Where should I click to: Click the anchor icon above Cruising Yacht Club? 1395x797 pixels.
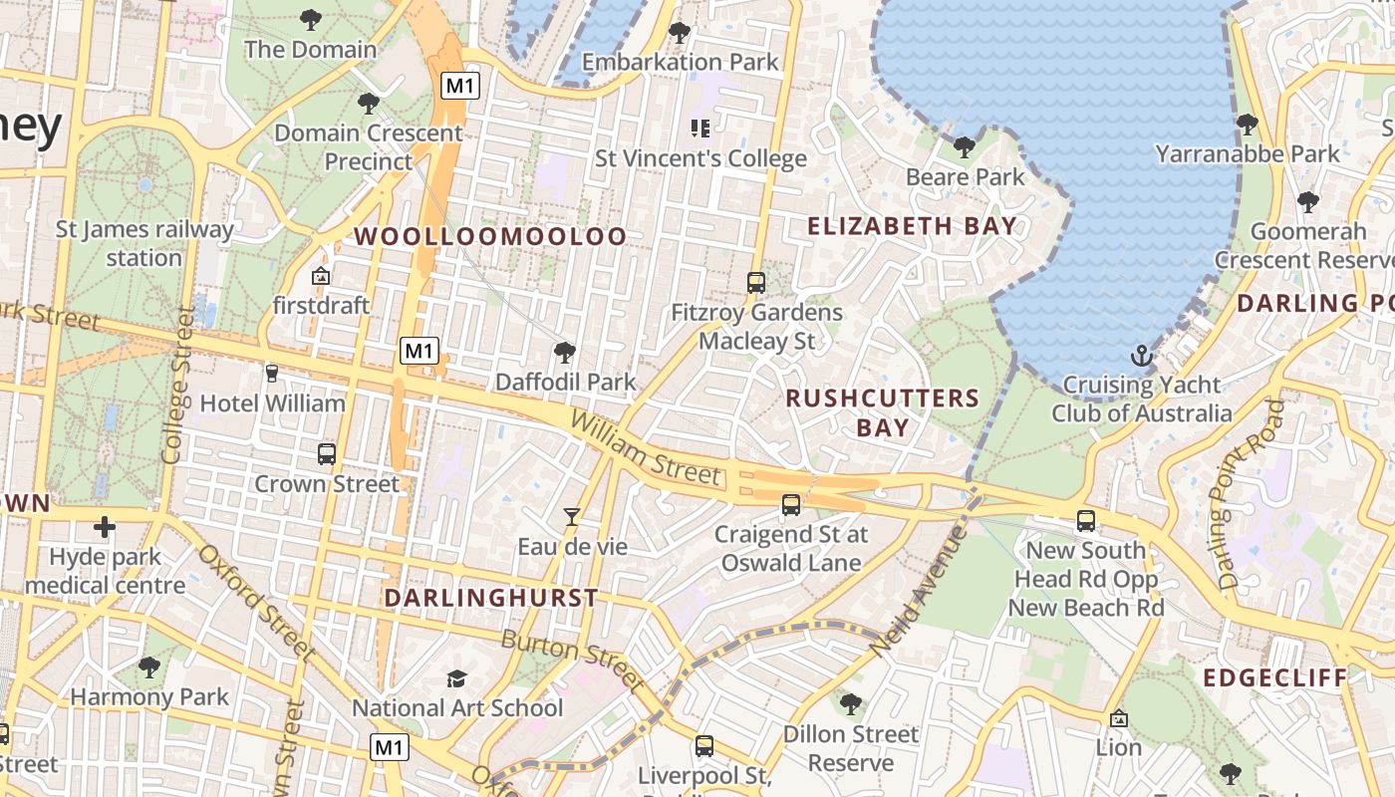[1141, 356]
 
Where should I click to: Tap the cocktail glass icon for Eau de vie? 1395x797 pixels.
[572, 516]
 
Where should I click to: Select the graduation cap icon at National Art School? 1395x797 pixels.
[456, 678]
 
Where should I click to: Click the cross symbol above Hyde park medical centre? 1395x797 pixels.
[105, 527]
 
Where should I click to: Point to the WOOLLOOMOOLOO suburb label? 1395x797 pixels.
[491, 237]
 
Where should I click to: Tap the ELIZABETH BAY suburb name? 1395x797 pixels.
[912, 226]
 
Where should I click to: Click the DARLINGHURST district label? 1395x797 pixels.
[491, 598]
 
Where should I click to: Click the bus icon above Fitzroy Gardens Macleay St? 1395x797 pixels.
[756, 283]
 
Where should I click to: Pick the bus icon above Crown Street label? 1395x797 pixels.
[326, 454]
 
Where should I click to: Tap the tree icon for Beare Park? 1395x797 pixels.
[964, 147]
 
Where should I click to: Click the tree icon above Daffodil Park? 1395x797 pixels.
[565, 352]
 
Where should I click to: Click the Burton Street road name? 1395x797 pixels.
[572, 660]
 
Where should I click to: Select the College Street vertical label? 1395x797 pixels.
[176, 386]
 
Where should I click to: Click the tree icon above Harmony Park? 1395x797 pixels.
[149, 666]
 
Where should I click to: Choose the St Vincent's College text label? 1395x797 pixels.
[700, 158]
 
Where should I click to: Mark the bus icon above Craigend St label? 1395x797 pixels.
[791, 505]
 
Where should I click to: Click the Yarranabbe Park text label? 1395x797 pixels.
[1248, 153]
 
